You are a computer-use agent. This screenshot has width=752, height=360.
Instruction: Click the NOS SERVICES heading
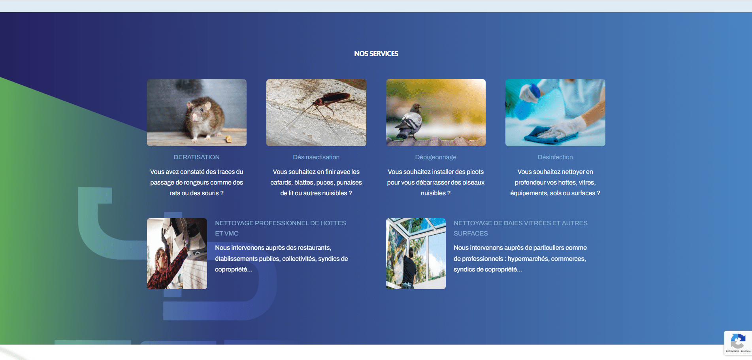click(376, 54)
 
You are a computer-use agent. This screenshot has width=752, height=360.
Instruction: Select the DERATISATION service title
click(197, 157)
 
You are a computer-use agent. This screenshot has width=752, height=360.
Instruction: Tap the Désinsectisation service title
click(316, 157)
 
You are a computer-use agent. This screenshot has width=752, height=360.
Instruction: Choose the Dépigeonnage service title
click(436, 157)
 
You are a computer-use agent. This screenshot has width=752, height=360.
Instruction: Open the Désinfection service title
click(555, 157)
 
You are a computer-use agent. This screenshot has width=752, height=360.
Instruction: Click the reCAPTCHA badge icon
click(738, 341)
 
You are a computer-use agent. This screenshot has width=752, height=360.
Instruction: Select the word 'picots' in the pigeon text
click(475, 172)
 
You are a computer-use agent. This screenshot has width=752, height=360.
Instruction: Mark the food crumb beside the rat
click(228, 138)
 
